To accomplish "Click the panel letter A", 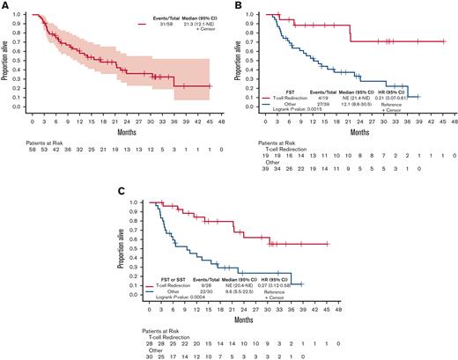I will [5, 6].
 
